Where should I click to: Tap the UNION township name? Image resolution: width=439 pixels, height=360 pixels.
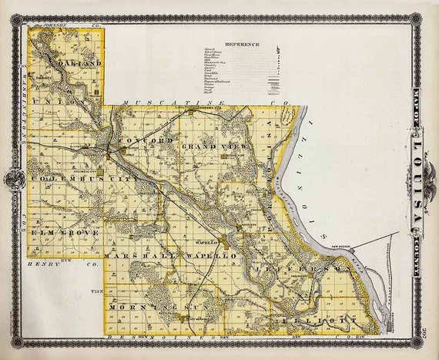(x=72, y=101)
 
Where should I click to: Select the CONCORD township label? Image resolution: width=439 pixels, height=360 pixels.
(x=146, y=142)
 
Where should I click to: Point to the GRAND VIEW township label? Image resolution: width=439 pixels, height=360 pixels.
(x=209, y=144)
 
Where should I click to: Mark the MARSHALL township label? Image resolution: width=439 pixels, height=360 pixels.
(x=142, y=254)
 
